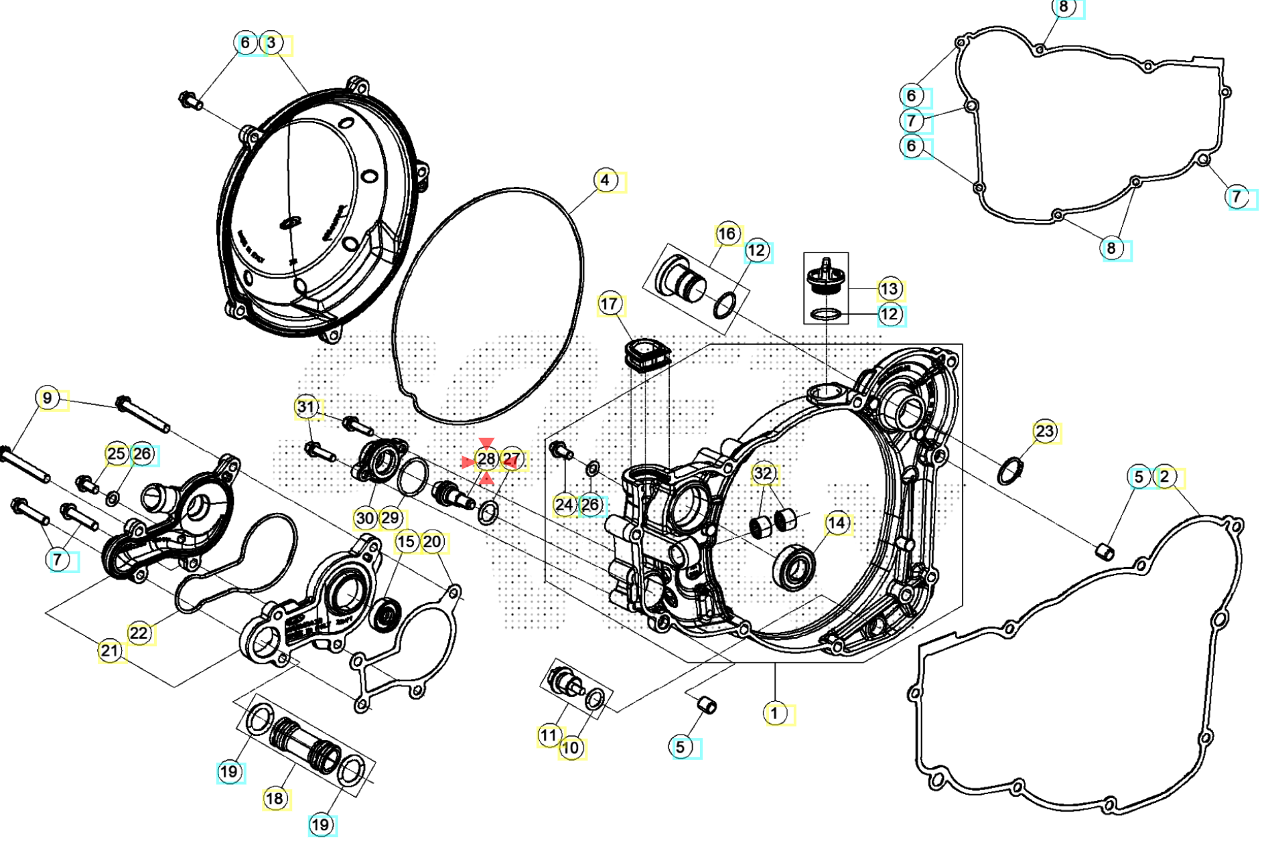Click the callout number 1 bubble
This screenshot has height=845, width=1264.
click(x=774, y=713)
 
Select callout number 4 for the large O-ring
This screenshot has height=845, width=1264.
click(x=605, y=180)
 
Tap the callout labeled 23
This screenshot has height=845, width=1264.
click(x=1045, y=431)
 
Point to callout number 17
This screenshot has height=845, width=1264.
click(x=609, y=304)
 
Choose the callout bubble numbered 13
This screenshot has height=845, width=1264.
click(x=889, y=289)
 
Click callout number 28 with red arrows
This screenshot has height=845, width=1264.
click(x=486, y=459)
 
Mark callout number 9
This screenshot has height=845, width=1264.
click(x=47, y=398)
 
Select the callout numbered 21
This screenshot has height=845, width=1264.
click(x=111, y=650)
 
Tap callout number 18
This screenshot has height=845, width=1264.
click(x=275, y=798)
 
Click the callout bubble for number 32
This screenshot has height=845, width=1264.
click(x=763, y=473)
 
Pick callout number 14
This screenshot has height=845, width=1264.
click(x=837, y=523)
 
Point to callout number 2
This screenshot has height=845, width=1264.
click(x=1165, y=477)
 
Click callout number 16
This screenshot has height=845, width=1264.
click(x=727, y=234)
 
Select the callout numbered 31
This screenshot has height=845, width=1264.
click(x=306, y=406)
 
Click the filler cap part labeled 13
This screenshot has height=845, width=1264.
click(x=826, y=277)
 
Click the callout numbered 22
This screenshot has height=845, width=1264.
click(x=139, y=633)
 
